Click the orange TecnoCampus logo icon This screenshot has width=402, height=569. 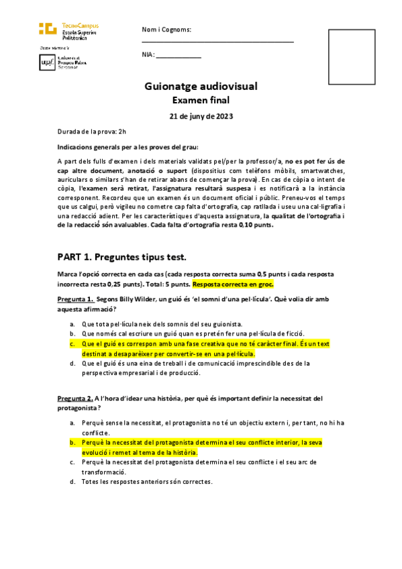pos(47,28)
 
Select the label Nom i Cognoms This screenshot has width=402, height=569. pos(166,30)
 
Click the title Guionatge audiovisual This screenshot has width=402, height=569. pos(201,87)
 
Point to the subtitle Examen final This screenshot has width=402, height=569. pos(201,101)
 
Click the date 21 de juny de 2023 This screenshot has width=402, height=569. pos(201,116)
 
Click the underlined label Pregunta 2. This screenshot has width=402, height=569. pos(74,399)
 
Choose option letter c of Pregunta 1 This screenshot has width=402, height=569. pos(72,343)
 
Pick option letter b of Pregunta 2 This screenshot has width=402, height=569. pos(72,443)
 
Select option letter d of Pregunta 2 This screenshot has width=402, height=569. pos(72,482)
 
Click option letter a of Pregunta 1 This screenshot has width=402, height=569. pos(72,323)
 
